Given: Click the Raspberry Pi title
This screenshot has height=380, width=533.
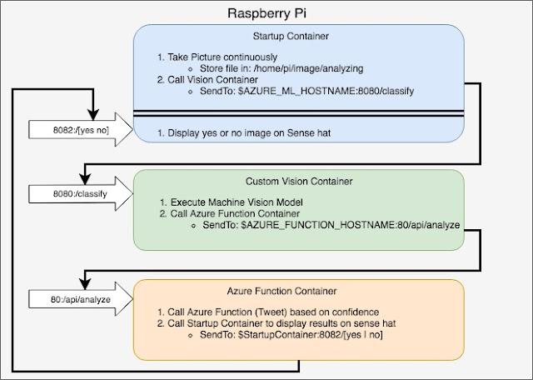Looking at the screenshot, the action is [266, 14].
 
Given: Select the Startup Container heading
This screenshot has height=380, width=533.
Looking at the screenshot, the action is [291, 36].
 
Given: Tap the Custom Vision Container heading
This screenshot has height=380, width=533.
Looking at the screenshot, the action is [299, 182].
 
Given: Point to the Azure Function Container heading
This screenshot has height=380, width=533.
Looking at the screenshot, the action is [281, 291].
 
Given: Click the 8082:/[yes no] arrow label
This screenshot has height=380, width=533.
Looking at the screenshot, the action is [81, 130].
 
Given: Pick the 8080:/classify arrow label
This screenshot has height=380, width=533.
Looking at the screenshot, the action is [80, 194].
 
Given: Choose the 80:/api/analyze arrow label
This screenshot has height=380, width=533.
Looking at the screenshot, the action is [81, 300].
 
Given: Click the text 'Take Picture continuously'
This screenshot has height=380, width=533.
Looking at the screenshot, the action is [222, 57].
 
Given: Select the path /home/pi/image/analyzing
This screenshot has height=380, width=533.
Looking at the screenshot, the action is [309, 68].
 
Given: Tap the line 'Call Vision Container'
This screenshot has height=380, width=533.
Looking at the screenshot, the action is [212, 80].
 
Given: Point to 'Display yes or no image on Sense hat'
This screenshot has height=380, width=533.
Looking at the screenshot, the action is [249, 133].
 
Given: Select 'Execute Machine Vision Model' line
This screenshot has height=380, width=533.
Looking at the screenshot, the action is [237, 202].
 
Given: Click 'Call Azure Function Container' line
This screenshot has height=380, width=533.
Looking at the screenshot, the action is [235, 213].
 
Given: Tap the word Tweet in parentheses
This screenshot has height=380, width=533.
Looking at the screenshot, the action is [271, 312].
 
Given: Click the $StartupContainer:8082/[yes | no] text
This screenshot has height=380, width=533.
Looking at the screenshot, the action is [311, 335].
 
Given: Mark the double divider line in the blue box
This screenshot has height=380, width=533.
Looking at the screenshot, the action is [299, 113].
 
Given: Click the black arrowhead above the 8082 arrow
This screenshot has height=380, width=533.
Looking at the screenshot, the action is [93, 115].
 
